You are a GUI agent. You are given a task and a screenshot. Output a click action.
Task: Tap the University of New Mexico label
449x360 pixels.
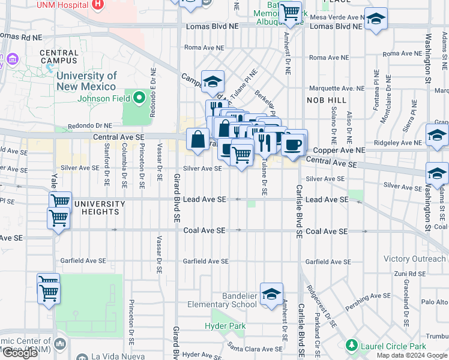(x=86, y=81)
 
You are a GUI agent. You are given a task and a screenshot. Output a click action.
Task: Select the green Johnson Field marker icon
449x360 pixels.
(x=140, y=97)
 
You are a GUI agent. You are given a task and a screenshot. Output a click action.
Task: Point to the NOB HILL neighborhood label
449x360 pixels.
(x=327, y=100)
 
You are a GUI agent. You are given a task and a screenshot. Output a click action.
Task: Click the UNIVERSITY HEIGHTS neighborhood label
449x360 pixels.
(x=99, y=204)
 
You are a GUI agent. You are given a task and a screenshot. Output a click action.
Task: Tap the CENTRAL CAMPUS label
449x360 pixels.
(x=59, y=57)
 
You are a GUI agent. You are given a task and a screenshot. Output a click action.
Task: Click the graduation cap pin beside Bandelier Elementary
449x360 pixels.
(x=271, y=294)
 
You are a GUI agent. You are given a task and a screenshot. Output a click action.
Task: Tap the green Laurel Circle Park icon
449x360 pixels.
(x=351, y=346)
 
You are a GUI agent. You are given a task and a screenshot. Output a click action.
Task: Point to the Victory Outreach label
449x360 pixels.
(x=415, y=259)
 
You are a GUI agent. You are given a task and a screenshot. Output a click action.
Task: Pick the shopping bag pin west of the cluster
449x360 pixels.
(x=197, y=140)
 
